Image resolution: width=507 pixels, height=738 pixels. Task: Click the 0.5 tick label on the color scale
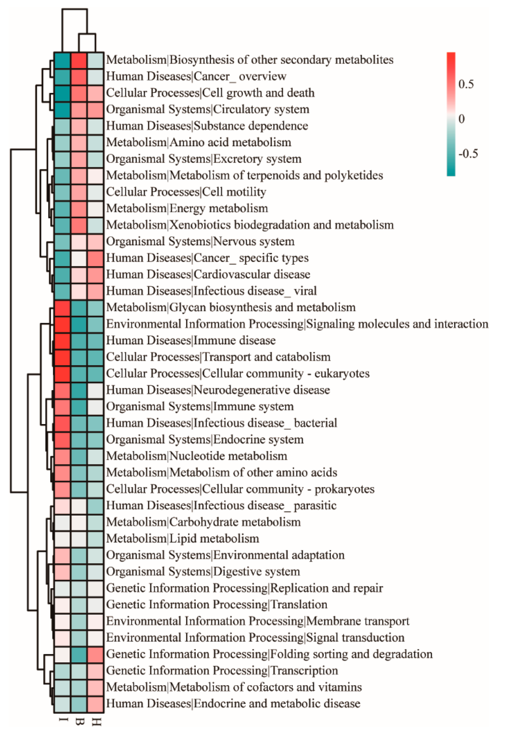466,84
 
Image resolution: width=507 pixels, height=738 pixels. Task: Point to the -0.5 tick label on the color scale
468,154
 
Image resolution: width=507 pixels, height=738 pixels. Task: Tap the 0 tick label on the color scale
462,119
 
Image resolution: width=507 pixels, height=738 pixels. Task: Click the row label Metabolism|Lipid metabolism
182,539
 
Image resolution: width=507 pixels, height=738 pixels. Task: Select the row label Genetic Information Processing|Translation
217,605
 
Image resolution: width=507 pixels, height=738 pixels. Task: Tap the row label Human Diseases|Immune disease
191,340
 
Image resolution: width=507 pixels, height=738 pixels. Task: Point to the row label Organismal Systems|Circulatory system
207,109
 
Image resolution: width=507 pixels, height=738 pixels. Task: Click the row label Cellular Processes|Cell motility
186,192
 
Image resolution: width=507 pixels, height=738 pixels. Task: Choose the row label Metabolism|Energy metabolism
187,208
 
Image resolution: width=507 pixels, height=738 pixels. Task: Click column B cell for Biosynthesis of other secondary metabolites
79,60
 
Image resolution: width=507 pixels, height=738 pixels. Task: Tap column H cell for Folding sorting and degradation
96,655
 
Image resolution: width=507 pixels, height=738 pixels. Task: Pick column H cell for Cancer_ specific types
96,258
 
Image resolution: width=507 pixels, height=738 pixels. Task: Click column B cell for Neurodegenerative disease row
79,390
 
